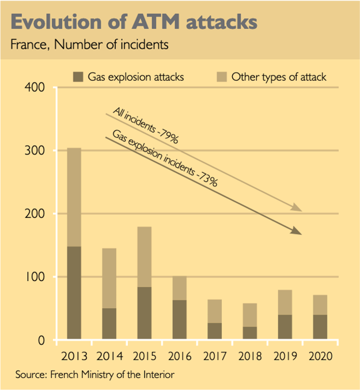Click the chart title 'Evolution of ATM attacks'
[134, 21]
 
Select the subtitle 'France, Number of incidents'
[89, 45]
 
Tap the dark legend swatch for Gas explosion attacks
[78, 77]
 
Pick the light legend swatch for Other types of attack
[221, 77]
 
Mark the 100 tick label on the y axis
[37, 277]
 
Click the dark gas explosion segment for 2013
[74, 293]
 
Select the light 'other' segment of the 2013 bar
[74, 197]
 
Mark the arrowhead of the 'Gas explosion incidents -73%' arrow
[297, 231]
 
